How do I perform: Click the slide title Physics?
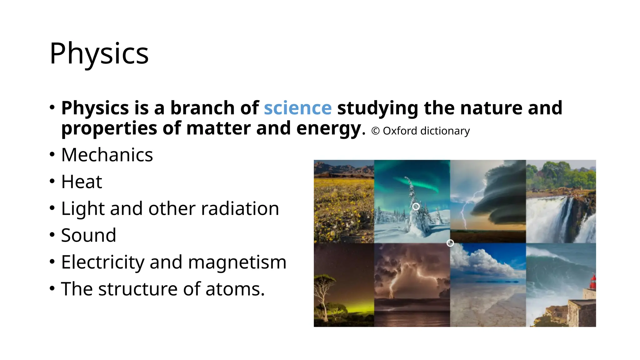click(99, 54)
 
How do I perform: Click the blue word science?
click(297, 108)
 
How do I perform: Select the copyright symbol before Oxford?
click(375, 131)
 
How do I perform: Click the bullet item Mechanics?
click(107, 155)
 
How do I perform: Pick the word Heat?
click(82, 182)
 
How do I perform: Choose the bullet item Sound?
click(88, 235)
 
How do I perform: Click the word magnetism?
click(237, 262)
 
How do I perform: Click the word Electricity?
click(102, 262)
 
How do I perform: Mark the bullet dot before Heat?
click(52, 181)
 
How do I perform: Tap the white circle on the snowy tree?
click(416, 207)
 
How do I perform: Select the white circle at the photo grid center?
click(450, 243)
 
